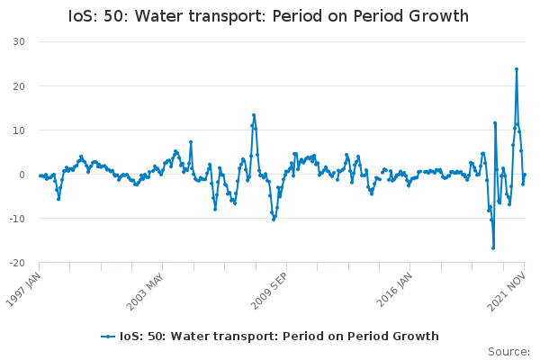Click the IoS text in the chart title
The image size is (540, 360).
pyautogui.click(x=84, y=16)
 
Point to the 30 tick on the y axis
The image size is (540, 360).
pyautogui.click(x=19, y=41)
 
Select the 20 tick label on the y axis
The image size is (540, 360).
pyautogui.click(x=19, y=85)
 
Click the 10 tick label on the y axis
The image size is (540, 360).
pyautogui.click(x=19, y=130)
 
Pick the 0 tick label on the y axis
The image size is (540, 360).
pyautogui.click(x=22, y=175)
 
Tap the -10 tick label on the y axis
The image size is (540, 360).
pyautogui.click(x=17, y=219)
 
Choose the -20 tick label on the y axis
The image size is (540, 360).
pyautogui.click(x=17, y=263)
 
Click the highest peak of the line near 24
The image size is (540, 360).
pyautogui.click(x=517, y=68)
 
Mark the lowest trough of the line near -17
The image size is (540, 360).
pyautogui.click(x=493, y=247)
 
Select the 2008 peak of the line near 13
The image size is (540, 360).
pyautogui.click(x=254, y=115)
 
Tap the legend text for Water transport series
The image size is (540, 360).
pyautogui.click(x=279, y=336)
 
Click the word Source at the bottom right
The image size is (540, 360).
pyautogui.click(x=509, y=351)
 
